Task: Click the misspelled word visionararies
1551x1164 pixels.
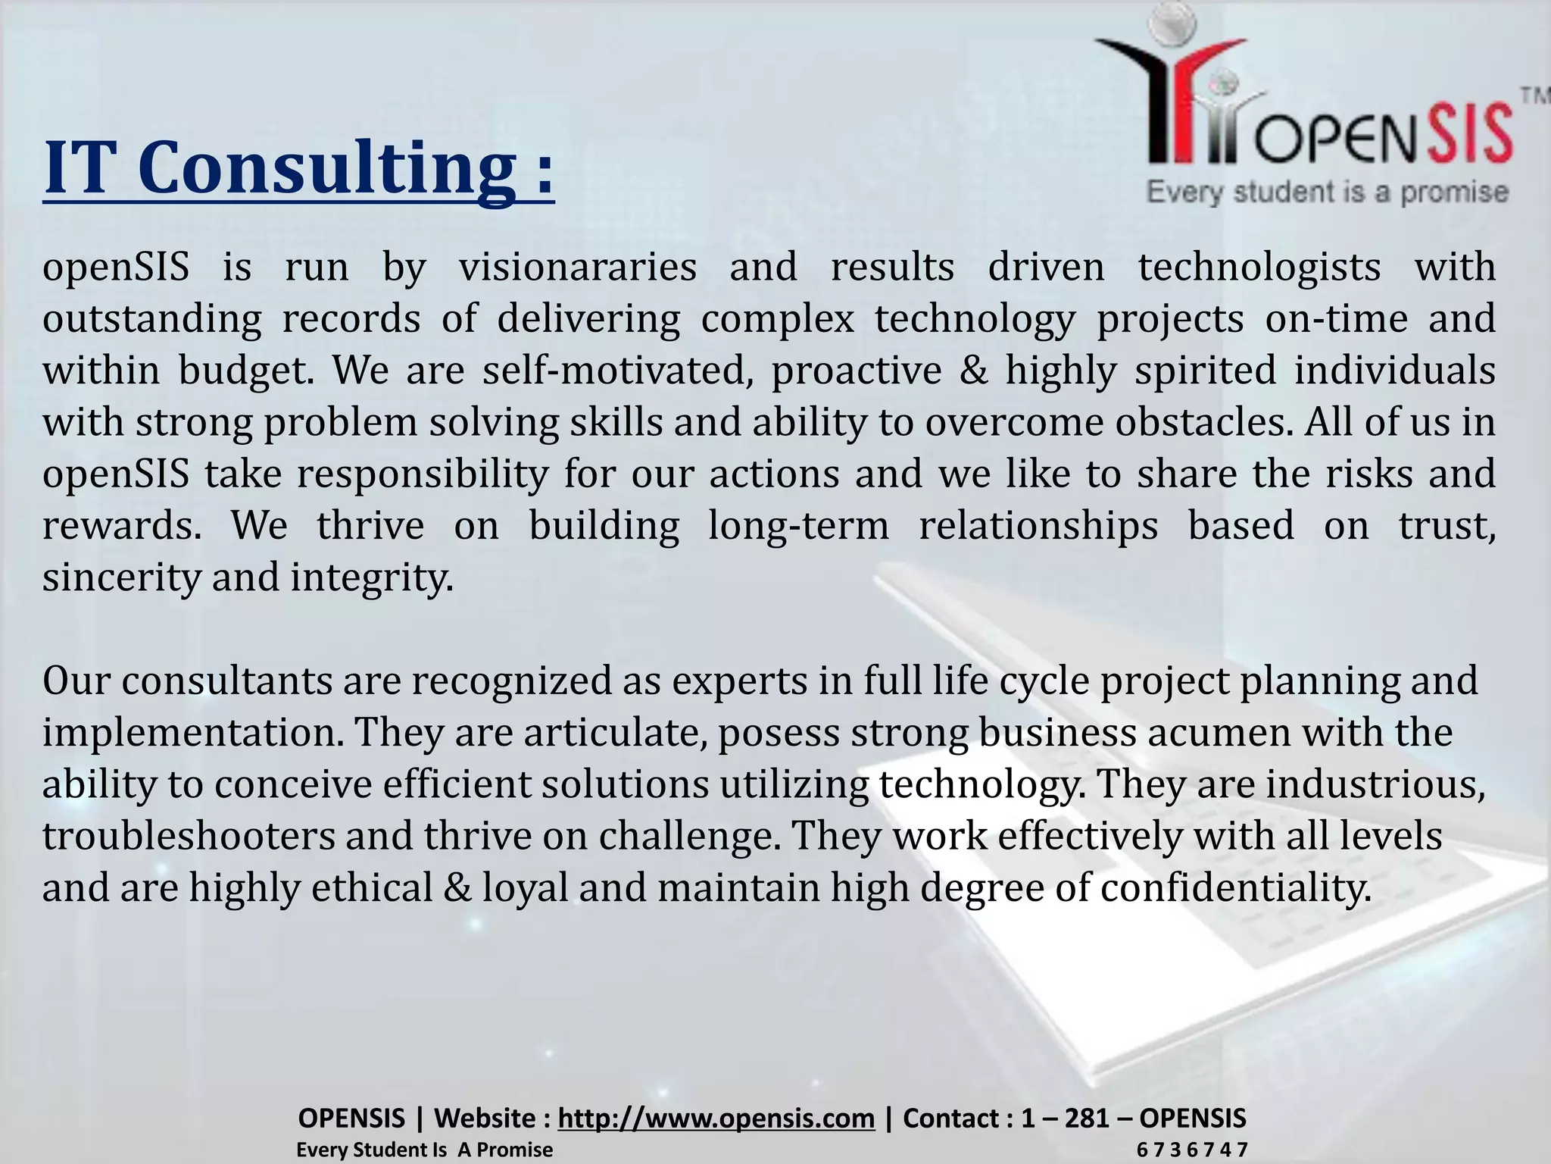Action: (578, 268)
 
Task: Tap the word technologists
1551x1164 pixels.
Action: (1259, 268)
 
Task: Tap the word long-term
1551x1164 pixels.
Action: (798, 526)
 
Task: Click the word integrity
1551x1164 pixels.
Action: (372, 578)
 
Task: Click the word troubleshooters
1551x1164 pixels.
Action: (189, 837)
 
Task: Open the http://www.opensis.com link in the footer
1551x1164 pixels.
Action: (716, 1118)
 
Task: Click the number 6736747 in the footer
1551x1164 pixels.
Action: (1192, 1150)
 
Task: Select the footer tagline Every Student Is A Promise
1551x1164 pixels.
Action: (424, 1150)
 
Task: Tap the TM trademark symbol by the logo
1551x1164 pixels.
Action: (1534, 96)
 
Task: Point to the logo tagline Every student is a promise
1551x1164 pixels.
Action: (1328, 192)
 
